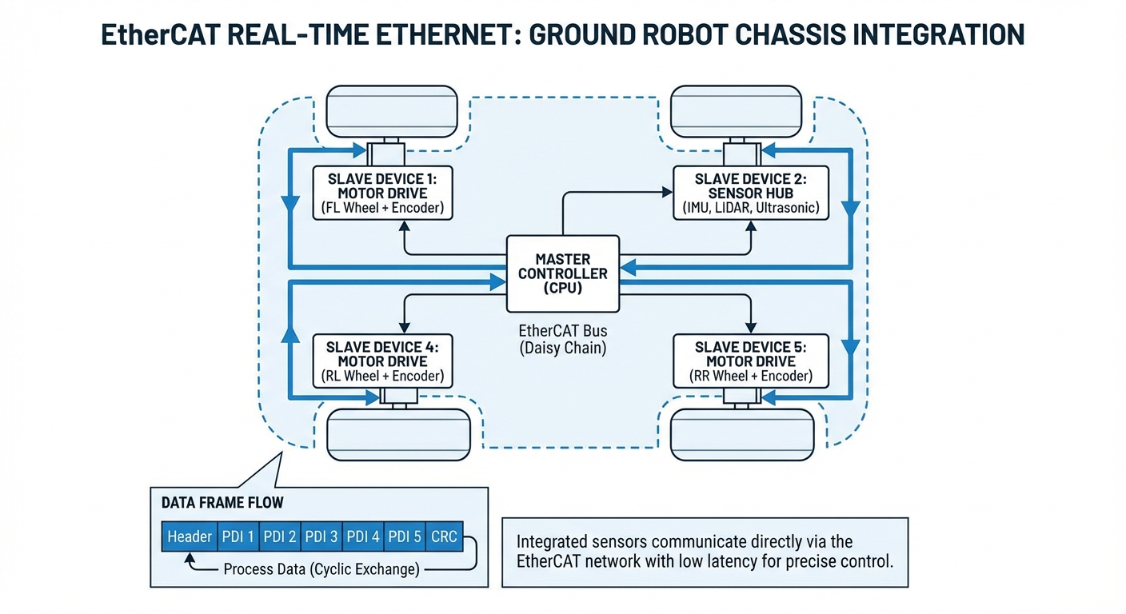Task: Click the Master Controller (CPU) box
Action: (x=563, y=273)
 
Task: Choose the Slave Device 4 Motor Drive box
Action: (x=381, y=361)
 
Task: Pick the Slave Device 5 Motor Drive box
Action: (x=750, y=361)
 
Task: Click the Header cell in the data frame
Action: (x=190, y=536)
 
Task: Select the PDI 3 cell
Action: (x=321, y=536)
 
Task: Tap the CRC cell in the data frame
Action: (x=444, y=536)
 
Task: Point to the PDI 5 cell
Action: (x=405, y=536)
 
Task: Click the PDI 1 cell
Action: (x=238, y=536)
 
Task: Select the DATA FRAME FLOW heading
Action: (x=217, y=503)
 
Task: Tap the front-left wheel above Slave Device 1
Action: (x=392, y=113)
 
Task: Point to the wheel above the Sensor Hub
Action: (x=736, y=113)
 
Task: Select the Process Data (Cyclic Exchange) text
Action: (x=321, y=569)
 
